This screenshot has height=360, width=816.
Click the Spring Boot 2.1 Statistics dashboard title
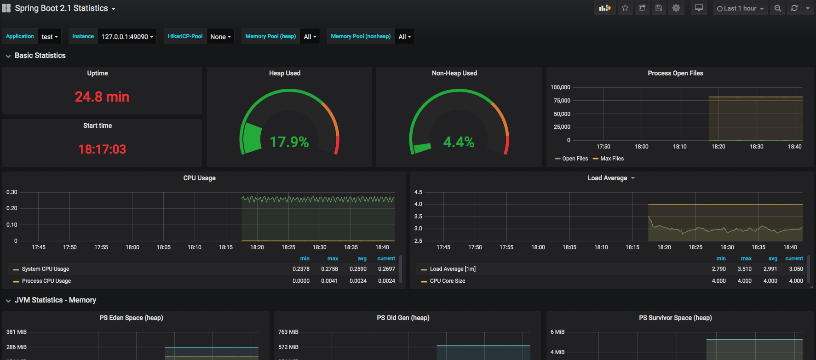point(61,8)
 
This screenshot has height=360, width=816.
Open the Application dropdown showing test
point(49,37)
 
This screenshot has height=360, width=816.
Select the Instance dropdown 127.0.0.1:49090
point(127,37)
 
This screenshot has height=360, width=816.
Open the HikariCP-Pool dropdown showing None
point(220,37)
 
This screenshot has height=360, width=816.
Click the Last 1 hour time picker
point(740,8)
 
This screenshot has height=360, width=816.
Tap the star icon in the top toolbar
point(625,8)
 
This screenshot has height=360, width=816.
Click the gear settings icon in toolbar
point(676,8)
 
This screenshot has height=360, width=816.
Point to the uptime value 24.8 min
point(102,97)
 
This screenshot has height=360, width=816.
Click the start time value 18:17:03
point(102,149)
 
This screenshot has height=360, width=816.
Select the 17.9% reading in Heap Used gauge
point(289,142)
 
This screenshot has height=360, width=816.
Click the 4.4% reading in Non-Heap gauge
point(459,142)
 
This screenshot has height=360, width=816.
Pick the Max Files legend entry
point(612,159)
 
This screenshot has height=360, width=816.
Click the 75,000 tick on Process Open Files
point(562,101)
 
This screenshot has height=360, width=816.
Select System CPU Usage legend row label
point(46,269)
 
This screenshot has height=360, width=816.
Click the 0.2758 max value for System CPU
point(329,269)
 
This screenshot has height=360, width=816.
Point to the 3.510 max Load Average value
point(744,269)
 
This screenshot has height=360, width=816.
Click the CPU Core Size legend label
point(447,281)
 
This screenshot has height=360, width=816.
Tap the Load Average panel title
point(607,178)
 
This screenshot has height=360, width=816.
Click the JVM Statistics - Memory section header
point(55,300)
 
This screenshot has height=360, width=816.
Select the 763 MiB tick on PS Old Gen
point(288,332)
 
